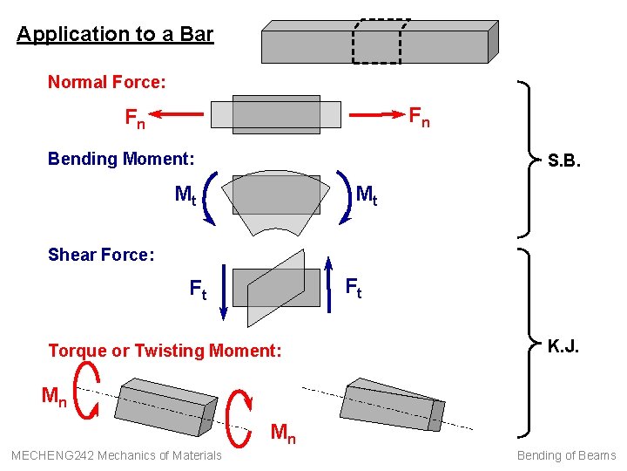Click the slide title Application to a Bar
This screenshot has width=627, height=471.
coord(115,35)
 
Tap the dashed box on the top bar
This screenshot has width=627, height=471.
coord(381,41)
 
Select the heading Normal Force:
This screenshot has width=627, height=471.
coord(107,82)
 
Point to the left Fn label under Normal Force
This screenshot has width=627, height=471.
coord(135,116)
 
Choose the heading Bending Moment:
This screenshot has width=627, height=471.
coord(121,159)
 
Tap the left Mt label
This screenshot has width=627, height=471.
coord(185,194)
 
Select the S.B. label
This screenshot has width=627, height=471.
coord(564,161)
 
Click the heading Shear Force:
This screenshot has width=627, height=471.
coord(101,255)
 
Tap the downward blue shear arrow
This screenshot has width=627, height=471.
coord(224,297)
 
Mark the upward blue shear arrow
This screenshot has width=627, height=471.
coord(328,283)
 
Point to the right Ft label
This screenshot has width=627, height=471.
coord(354,286)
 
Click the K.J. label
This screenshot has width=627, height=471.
coord(563,346)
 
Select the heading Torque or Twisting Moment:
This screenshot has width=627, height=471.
coord(165,351)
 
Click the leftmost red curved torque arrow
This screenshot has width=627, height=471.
coord(85,389)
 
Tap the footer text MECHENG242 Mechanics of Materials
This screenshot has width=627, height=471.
coord(116,455)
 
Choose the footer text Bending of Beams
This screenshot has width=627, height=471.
coord(566,455)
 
